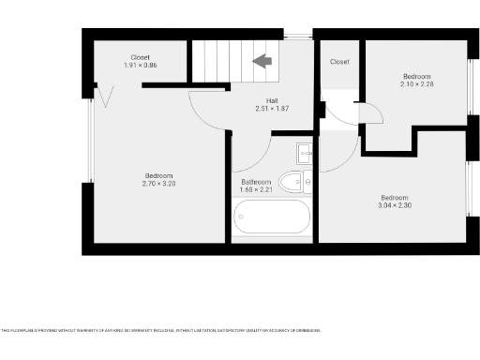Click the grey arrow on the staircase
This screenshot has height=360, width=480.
coord(262,61)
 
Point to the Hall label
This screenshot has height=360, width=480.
coord(272,100)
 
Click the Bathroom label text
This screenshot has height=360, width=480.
coord(256,182)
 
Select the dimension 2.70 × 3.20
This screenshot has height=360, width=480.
coord(158,184)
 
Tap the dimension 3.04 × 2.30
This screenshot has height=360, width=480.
coord(394,204)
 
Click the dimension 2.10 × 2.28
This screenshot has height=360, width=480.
coord(416,83)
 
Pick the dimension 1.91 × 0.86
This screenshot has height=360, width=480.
coord(141,66)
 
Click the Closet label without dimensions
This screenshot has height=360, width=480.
coord(339,62)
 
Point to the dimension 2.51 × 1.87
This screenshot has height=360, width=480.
coord(272,109)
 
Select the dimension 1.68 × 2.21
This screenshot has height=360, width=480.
coord(256,190)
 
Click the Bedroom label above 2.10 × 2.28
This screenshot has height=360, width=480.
coord(416,75)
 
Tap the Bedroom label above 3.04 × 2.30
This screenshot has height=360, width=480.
coord(394,196)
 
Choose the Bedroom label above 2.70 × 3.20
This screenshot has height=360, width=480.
coord(158,175)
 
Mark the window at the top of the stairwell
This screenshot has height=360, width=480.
coord(298,37)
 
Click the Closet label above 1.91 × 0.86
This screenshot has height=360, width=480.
coord(141,57)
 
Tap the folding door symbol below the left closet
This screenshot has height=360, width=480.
coord(106,94)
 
